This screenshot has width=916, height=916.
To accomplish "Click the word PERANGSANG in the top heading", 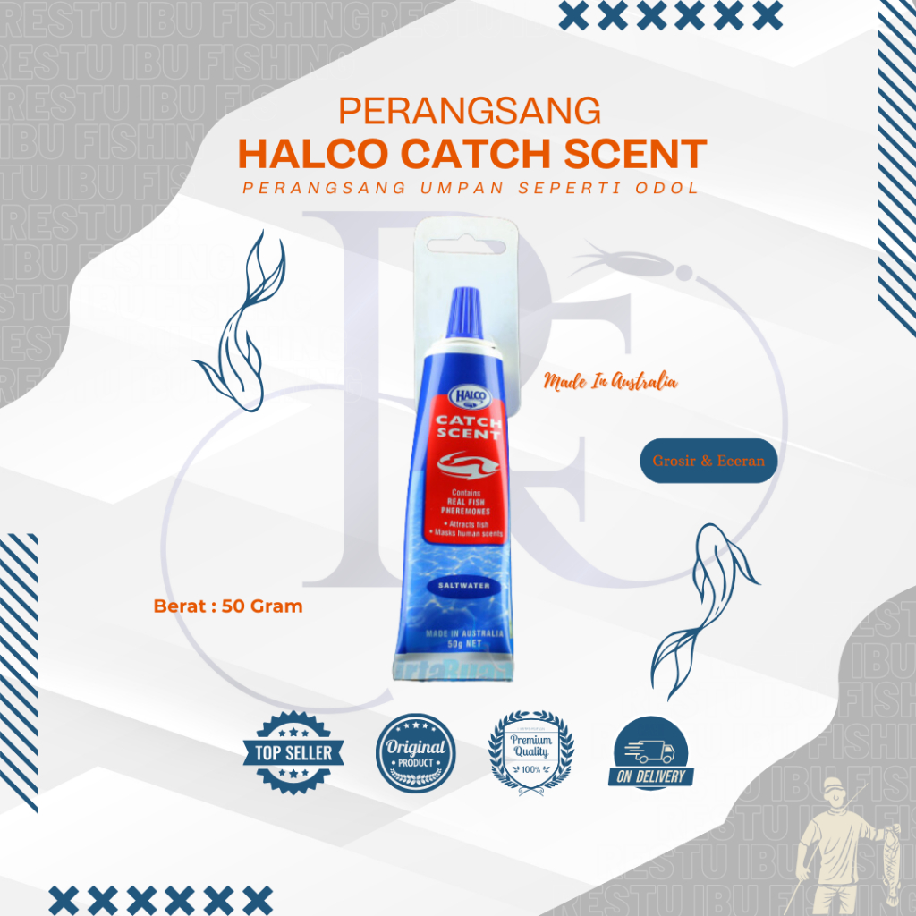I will (x=470, y=111).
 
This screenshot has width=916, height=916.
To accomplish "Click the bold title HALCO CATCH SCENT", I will (x=471, y=153).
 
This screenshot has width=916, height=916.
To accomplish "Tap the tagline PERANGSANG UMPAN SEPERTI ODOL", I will (x=471, y=190).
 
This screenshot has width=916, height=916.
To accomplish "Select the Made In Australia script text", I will (x=610, y=382).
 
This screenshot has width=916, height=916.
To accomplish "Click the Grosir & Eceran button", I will (x=708, y=462).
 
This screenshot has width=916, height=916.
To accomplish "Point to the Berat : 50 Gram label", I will (x=228, y=606).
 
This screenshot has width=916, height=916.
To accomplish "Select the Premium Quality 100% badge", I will (x=531, y=750).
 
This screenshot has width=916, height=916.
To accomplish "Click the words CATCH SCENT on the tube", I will (x=466, y=427).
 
